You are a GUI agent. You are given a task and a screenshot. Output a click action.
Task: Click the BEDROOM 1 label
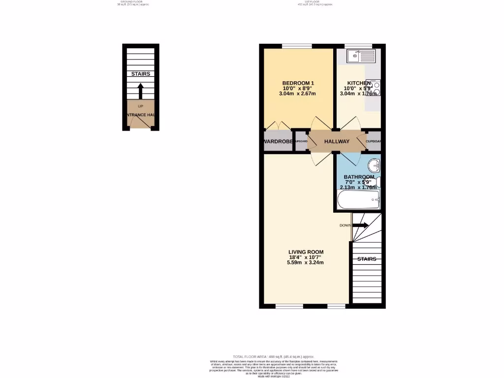(298, 83)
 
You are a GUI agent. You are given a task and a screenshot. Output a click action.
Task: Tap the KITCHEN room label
(358, 83)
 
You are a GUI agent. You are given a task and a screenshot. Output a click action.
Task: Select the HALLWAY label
(337, 142)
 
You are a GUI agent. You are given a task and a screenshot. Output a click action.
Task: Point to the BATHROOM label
(359, 177)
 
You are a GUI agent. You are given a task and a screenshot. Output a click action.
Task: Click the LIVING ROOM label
(306, 252)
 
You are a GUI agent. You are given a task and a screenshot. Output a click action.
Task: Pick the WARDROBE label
(279, 142)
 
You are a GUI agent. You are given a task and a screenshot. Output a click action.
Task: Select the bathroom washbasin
(374, 165)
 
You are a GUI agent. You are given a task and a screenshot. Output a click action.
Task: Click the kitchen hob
(376, 89)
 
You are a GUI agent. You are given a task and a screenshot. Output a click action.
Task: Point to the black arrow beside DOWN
(360, 225)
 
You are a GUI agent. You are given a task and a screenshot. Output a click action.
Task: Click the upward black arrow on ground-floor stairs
(140, 91)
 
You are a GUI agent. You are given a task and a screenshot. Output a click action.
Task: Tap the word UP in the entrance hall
(141, 106)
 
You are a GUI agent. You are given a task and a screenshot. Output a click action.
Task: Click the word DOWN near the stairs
(345, 225)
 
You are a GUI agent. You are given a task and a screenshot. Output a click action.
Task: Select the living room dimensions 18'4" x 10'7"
(306, 257)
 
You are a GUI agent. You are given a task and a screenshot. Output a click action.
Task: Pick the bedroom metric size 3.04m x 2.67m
(298, 94)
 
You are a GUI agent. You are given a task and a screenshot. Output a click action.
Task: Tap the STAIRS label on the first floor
(367, 259)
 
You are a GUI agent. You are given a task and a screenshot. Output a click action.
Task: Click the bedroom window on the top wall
(297, 46)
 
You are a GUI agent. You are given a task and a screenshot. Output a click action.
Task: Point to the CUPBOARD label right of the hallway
(374, 142)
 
